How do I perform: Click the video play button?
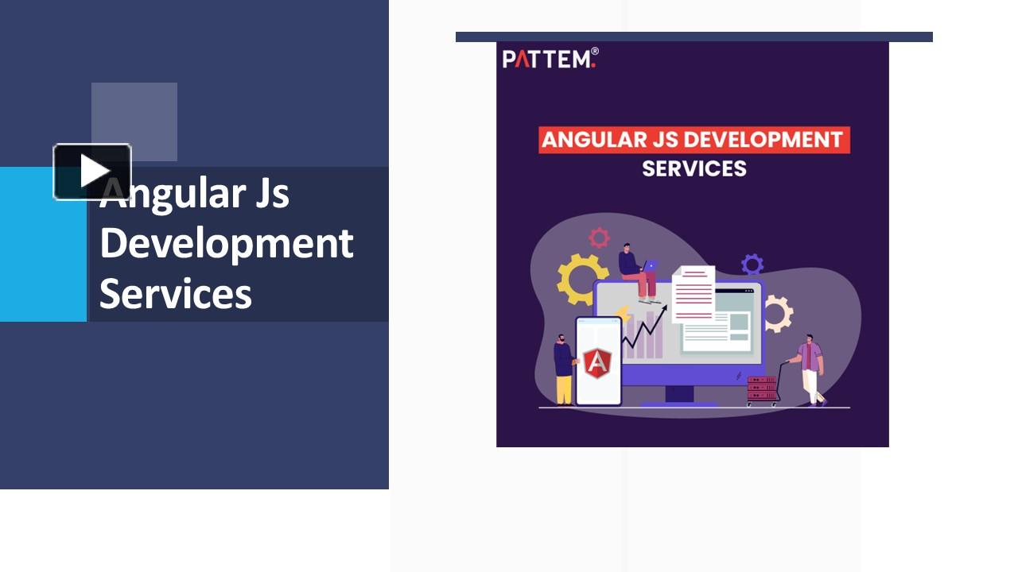coord(92,172)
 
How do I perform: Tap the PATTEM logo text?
coord(549,59)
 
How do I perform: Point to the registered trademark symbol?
coord(595,52)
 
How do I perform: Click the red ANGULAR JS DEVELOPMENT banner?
coord(694,139)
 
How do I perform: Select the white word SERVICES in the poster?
coord(694,168)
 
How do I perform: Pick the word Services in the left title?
coord(176,293)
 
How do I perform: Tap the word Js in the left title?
coord(272,194)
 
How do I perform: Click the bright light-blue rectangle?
coord(43,244)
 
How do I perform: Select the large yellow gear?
coord(580,279)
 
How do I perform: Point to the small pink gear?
coord(599,238)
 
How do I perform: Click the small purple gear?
coord(752,265)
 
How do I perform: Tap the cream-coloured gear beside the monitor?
coord(779,314)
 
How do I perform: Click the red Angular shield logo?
coord(597,363)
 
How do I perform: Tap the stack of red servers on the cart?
coord(762,388)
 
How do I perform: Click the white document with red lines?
coord(694,294)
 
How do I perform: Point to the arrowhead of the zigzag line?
coord(666,307)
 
